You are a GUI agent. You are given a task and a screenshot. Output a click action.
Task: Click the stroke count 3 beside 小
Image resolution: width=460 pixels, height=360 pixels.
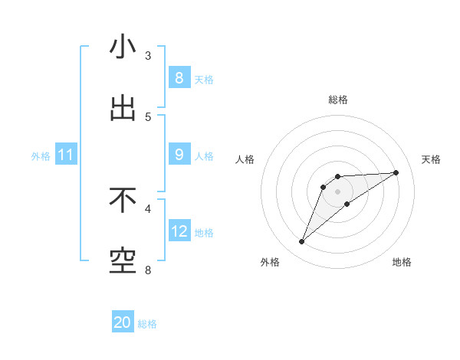(148, 56)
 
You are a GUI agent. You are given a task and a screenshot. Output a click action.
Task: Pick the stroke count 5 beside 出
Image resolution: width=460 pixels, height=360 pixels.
(148, 117)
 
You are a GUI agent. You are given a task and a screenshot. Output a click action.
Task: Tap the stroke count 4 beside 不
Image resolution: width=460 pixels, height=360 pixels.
(148, 208)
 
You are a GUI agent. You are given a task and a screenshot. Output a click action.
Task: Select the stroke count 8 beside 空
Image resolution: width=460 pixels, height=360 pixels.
(148, 270)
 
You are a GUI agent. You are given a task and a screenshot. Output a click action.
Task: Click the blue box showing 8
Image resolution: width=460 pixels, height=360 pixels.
(179, 77)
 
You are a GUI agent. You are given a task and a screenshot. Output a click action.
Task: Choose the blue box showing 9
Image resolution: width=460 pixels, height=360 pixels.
(179, 155)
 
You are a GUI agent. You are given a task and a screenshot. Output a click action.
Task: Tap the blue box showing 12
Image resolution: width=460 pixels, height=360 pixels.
(179, 231)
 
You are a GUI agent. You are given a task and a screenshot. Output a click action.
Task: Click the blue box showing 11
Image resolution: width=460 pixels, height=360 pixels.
(66, 155)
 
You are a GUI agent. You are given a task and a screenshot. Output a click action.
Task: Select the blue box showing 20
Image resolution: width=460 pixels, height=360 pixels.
(123, 322)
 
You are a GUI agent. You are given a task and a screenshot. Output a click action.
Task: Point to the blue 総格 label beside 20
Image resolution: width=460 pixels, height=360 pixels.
(147, 324)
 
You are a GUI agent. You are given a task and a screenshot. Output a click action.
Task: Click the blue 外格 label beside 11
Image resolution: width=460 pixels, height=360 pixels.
(41, 156)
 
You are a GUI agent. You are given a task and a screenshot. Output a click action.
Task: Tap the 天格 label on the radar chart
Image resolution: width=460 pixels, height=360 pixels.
(431, 159)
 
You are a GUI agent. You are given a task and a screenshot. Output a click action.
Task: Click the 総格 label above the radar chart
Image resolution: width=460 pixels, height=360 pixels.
(337, 100)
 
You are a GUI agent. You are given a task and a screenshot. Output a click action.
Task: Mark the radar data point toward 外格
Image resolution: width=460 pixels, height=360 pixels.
(301, 242)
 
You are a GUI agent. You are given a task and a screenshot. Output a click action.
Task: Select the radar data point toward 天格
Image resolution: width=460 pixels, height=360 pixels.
(396, 172)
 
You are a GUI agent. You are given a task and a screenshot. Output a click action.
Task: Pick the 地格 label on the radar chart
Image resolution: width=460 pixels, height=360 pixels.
(402, 263)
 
